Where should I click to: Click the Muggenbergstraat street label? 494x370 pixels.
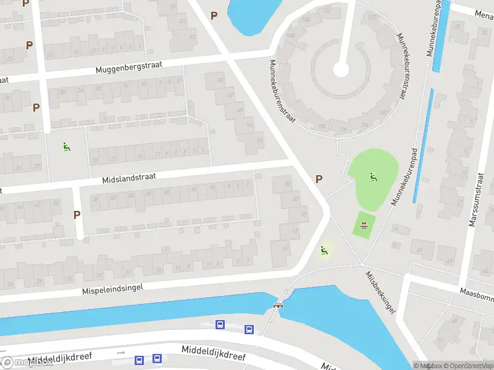tap(128, 67)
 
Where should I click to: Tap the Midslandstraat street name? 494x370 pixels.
tap(129, 177)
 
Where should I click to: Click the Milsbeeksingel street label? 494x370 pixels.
tap(380, 293)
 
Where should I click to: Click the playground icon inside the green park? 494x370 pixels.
tap(372, 177)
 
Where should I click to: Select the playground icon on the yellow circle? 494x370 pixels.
tap(324, 250)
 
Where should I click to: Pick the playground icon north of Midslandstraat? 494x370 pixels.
tap(65, 147)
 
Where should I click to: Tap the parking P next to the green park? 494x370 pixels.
tap(319, 179)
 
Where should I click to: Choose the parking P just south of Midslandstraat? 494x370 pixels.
tap(77, 215)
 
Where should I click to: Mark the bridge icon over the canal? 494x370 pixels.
tap(277, 305)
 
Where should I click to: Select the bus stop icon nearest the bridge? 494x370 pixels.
tap(249, 329)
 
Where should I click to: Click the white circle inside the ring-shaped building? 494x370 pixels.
tap(341, 69)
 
